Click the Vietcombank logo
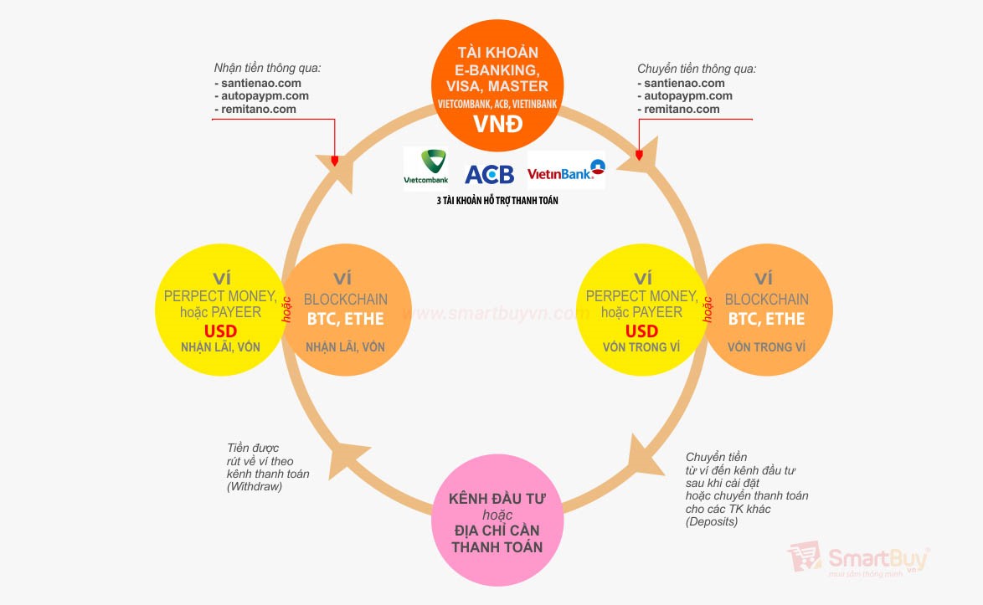point(426,167)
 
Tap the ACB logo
point(489,173)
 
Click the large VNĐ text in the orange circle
point(497,125)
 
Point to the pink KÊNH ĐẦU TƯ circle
point(497,522)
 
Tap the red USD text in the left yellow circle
point(220,331)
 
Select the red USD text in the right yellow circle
point(642,331)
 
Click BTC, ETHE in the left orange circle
point(345,319)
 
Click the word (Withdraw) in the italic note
point(255,486)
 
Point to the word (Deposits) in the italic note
point(712,521)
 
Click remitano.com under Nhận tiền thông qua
point(259,109)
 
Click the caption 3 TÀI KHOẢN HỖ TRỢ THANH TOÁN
point(497,201)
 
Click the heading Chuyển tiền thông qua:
point(697,69)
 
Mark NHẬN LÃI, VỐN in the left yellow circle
point(220,346)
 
